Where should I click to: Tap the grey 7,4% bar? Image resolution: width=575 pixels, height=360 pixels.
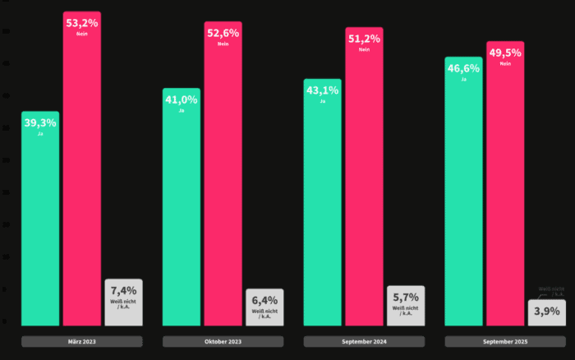tap(123, 302)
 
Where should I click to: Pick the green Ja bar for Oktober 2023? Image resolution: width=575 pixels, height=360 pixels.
tap(182, 206)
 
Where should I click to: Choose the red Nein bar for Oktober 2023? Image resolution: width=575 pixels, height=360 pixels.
tap(223, 173)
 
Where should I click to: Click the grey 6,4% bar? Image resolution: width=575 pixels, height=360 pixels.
tap(264, 307)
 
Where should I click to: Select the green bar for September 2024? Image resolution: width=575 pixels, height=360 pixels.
tap(322, 202)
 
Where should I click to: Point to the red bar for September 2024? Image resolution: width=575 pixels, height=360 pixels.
tap(364, 177)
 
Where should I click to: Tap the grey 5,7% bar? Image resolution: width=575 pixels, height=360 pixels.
tap(406, 305)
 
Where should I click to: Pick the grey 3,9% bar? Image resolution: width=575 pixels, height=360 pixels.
tap(547, 313)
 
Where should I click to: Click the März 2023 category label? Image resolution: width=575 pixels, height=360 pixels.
tap(82, 341)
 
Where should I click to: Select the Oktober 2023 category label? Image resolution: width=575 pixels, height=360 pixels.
tap(223, 341)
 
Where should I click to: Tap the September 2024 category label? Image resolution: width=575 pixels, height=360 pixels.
tap(364, 341)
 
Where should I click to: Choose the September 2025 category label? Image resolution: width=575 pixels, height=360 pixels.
tap(505, 341)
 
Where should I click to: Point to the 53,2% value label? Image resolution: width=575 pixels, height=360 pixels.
tap(82, 22)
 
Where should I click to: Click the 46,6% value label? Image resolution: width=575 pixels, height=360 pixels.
tap(463, 68)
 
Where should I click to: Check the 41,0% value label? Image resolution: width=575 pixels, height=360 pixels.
tap(182, 99)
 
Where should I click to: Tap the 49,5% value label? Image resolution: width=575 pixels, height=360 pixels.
tap(505, 53)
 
